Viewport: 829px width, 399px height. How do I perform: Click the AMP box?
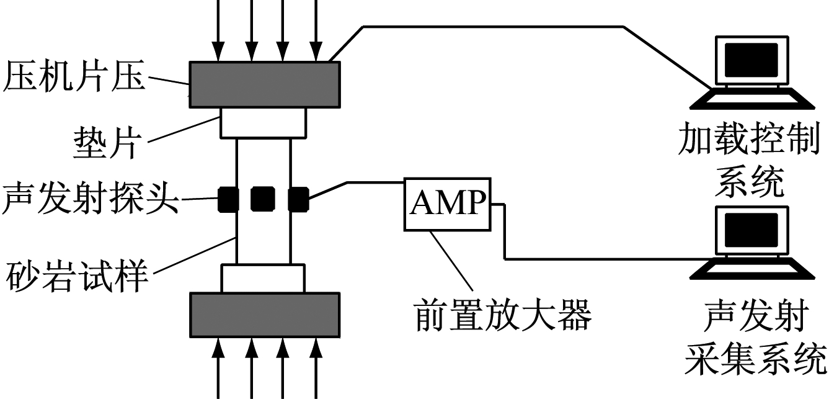point(448,203)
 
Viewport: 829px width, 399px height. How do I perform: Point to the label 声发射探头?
point(90,200)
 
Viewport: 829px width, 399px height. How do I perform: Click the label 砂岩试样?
point(78,277)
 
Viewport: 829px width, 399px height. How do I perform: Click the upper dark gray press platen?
point(265,84)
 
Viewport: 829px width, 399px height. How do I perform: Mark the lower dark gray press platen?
point(265,314)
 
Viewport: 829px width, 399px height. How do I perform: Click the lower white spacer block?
point(264,279)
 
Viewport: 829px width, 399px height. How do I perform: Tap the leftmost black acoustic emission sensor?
point(228,199)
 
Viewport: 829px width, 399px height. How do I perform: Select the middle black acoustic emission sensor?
point(262,199)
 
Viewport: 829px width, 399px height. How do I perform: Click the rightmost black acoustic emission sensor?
point(298,199)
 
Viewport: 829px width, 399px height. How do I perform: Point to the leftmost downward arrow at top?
point(218,28)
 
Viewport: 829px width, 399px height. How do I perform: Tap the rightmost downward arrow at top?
point(316,28)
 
